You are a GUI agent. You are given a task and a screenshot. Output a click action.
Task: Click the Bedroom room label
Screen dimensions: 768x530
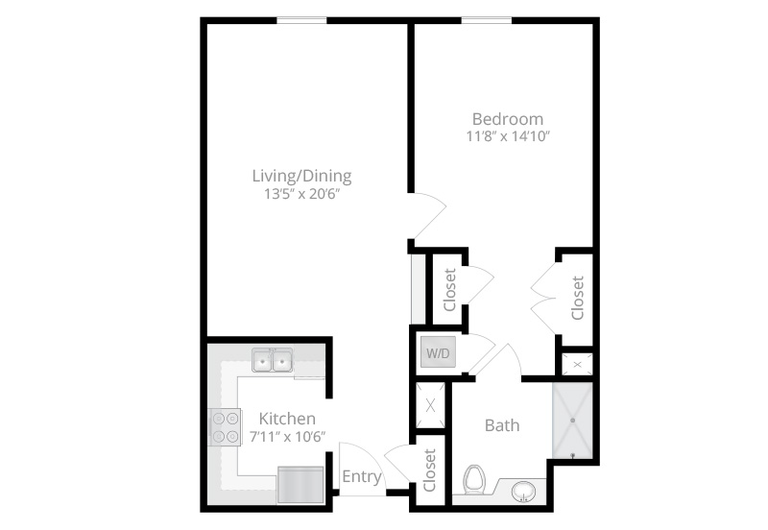click(508, 119)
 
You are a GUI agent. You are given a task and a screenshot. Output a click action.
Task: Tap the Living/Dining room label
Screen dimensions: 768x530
click(301, 176)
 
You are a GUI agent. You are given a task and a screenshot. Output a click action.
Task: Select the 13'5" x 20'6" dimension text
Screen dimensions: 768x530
click(301, 195)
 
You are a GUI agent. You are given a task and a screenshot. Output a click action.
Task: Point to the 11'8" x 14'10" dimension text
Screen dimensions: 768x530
click(508, 136)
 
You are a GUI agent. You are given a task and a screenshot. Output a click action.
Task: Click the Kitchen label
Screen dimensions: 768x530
click(287, 419)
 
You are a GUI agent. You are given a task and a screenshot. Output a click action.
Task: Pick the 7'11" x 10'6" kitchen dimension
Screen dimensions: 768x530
click(287, 437)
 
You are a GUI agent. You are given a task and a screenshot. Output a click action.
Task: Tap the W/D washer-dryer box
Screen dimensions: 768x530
click(438, 352)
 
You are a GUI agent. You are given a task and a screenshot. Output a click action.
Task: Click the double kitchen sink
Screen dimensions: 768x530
click(273, 360)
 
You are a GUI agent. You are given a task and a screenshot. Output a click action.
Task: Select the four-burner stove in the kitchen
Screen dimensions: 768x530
click(226, 427)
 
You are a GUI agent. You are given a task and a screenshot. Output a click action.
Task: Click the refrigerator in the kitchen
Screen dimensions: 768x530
click(300, 485)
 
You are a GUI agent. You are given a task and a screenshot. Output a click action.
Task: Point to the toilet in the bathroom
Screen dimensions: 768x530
click(474, 479)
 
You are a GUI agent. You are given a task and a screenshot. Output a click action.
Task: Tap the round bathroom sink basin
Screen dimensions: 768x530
click(523, 492)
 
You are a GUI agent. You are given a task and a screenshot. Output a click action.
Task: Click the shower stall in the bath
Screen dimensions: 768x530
click(572, 421)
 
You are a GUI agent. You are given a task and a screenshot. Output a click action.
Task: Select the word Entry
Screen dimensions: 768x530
click(362, 476)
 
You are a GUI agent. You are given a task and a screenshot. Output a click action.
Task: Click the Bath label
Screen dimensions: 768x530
click(502, 425)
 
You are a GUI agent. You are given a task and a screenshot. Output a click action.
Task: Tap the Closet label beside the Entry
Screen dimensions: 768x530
click(429, 470)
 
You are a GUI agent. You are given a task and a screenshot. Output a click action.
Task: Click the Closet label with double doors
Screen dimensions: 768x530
click(578, 298)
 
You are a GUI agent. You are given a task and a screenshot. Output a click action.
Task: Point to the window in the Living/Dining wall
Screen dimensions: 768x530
click(301, 20)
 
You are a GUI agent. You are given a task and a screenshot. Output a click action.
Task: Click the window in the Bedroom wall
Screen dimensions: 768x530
click(487, 20)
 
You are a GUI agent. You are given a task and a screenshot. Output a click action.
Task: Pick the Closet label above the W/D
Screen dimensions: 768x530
click(449, 290)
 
